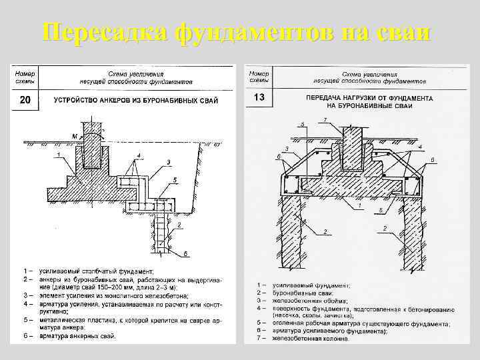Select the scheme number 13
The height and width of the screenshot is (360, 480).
click(x=260, y=98)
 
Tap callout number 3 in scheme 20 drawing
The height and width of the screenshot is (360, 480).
click(x=169, y=161)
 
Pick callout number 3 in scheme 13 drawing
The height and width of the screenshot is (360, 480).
click(x=286, y=149)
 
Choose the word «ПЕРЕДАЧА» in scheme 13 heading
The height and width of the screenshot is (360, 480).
click(x=323, y=98)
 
